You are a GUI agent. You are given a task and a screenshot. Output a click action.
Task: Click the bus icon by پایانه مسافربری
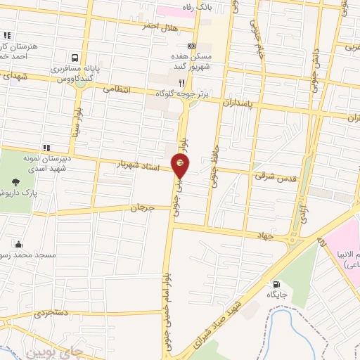(74, 58)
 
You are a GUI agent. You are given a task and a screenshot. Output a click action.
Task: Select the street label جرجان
(142, 208)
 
